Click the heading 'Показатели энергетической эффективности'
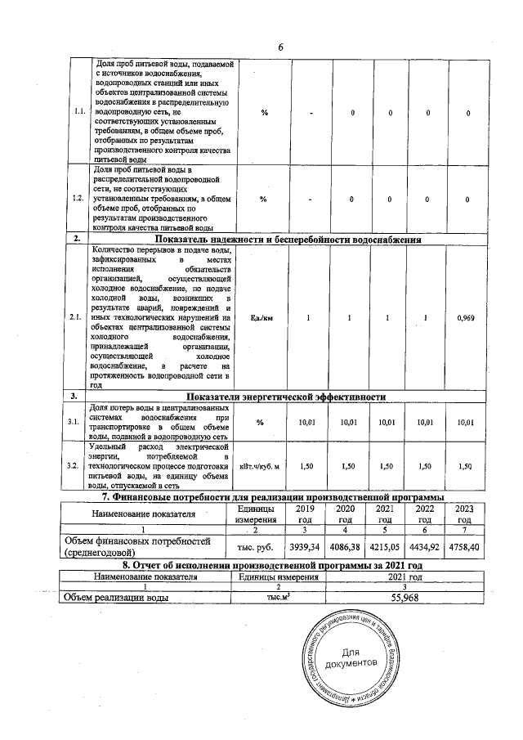click(285, 397)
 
